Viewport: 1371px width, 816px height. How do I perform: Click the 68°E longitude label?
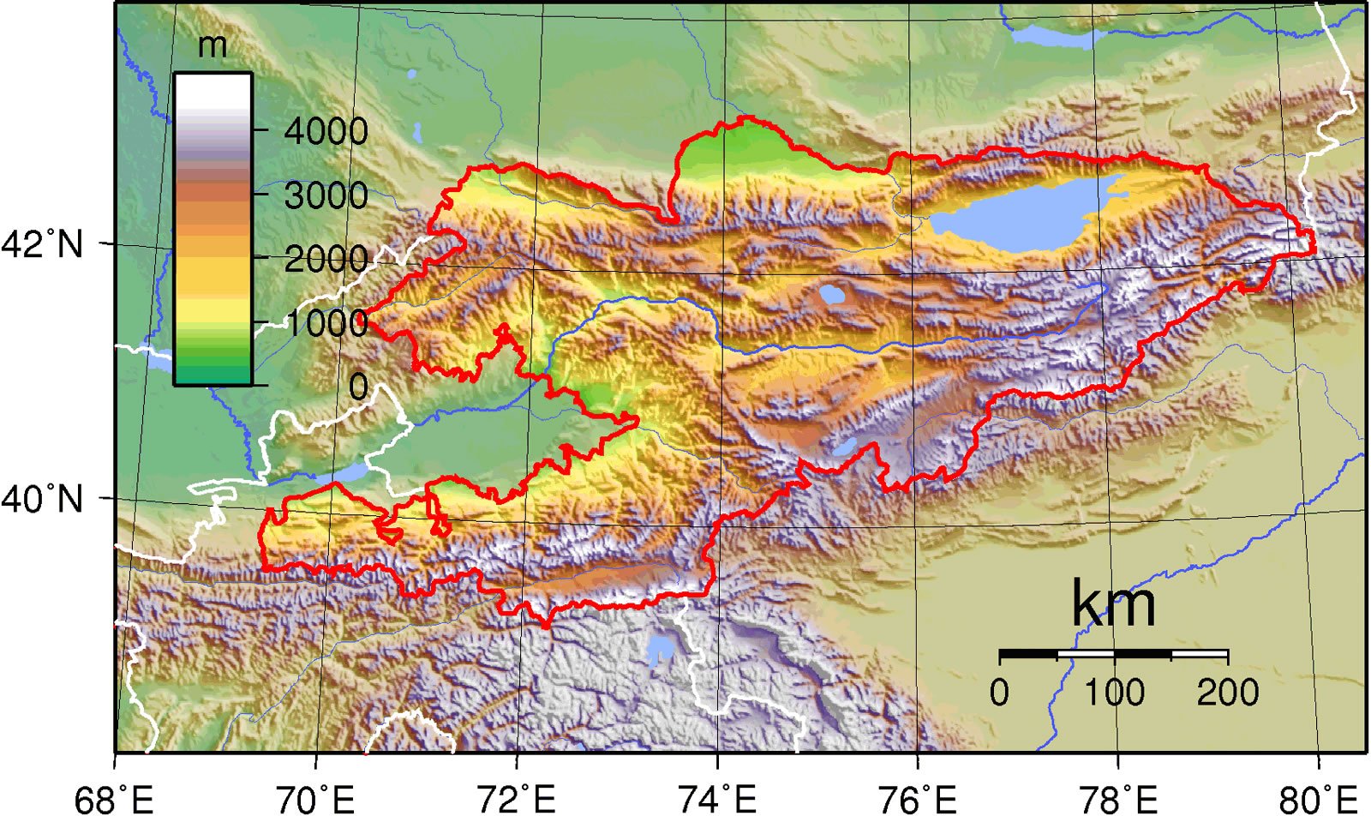[x=115, y=799]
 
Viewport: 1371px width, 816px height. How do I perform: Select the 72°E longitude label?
[x=516, y=799]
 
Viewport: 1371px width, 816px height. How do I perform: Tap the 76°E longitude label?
[x=917, y=799]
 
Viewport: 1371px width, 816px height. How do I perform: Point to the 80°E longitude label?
[x=1318, y=799]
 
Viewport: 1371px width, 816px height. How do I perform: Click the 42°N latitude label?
[x=43, y=244]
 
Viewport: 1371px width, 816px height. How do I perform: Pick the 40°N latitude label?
[x=43, y=498]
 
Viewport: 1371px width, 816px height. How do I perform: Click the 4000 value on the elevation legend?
[x=326, y=131]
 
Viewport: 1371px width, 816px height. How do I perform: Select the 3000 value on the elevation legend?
[x=326, y=195]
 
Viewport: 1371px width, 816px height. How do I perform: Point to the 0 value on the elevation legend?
[x=358, y=387]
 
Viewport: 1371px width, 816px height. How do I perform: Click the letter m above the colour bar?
[x=213, y=45]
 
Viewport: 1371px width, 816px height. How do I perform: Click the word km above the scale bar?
[x=1113, y=604]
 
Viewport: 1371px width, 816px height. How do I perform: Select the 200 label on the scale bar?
[x=1227, y=692]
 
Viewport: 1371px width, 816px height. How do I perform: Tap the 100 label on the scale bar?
[x=1114, y=692]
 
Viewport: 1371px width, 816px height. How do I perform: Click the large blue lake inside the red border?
[x=1015, y=214]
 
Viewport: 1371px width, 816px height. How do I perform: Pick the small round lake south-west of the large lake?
[x=831, y=295]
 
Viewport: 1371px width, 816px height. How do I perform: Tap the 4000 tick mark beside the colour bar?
[x=261, y=130]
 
